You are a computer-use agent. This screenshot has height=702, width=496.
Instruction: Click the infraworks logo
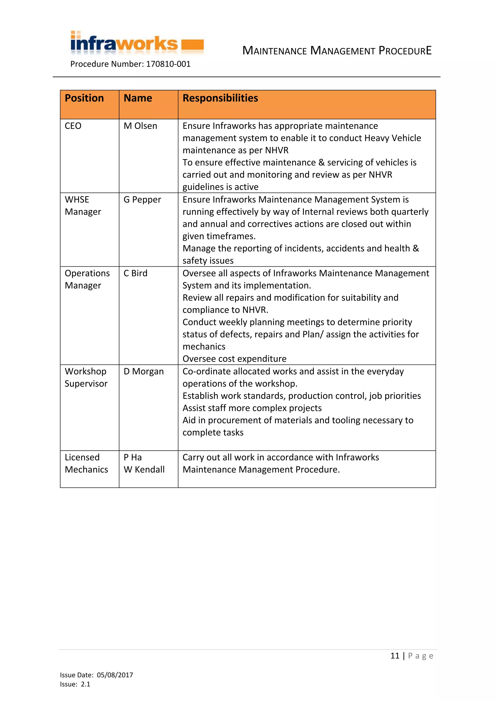tap(137, 43)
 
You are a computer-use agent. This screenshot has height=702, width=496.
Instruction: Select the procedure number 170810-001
tap(168, 64)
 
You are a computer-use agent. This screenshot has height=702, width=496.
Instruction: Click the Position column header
tap(84, 98)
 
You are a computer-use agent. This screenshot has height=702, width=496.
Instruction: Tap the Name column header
tap(138, 98)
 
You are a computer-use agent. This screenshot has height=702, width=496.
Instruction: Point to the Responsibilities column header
tap(220, 98)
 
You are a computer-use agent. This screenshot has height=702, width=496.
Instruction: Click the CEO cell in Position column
tap(73, 126)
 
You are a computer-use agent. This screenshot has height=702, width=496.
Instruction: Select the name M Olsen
tap(140, 126)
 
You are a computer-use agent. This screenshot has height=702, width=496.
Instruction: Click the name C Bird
tap(135, 273)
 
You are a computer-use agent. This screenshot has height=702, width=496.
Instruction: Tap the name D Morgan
tap(144, 372)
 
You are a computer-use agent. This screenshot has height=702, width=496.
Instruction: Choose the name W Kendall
tap(144, 470)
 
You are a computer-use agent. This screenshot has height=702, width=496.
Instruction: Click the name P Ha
tap(132, 457)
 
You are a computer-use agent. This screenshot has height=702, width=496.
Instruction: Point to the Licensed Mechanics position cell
tap(86, 463)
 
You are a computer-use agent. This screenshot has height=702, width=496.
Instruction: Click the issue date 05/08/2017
tap(115, 675)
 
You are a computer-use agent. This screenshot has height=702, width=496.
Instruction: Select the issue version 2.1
tap(85, 684)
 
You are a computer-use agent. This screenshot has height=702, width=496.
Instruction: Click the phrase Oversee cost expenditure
tap(234, 359)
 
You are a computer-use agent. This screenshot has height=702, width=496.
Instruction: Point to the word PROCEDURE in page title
tap(405, 51)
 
